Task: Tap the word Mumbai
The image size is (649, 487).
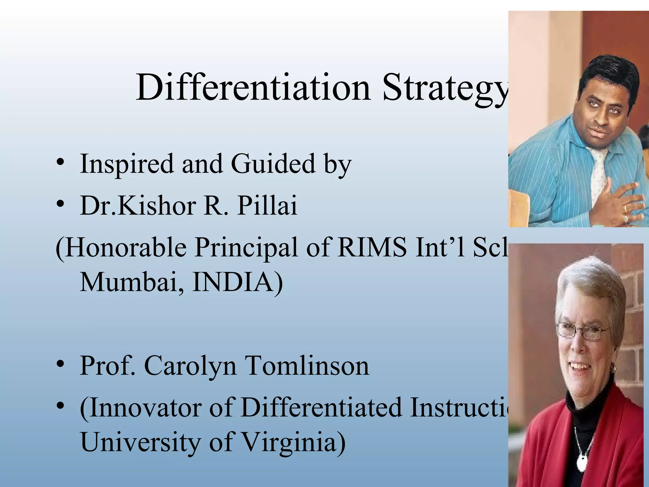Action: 132,282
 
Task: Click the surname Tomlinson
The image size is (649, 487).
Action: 307,366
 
